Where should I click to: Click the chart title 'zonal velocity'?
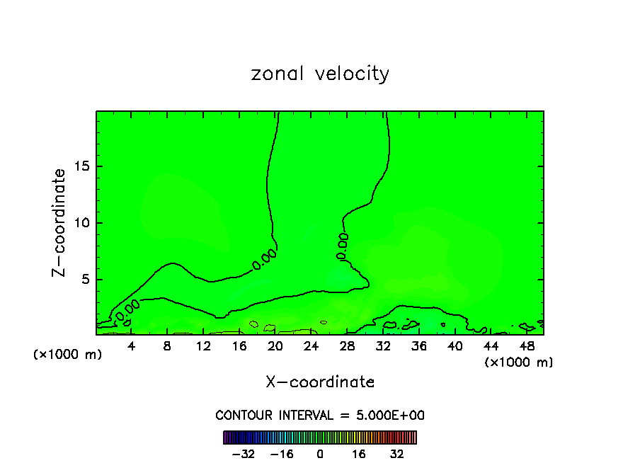pyautogui.click(x=320, y=74)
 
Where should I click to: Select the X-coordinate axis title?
pyautogui.click(x=320, y=382)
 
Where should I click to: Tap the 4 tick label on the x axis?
pyautogui.click(x=132, y=346)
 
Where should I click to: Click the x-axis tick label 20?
pyautogui.click(x=275, y=346)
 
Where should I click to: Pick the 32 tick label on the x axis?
pyautogui.click(x=383, y=346)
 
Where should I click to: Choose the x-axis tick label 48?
pyautogui.click(x=526, y=346)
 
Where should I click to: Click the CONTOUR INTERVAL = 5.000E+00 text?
pyautogui.click(x=320, y=415)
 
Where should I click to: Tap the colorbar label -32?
pyautogui.click(x=243, y=454)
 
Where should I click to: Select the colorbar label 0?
pyautogui.click(x=320, y=454)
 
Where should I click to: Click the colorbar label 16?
pyautogui.click(x=359, y=454)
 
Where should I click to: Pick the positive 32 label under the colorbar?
pyautogui.click(x=397, y=454)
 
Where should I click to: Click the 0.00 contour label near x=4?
pyautogui.click(x=127, y=309)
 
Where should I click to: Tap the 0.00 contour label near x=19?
pyautogui.click(x=264, y=259)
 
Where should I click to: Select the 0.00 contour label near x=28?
pyautogui.click(x=343, y=245)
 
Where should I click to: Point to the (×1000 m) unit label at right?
pyautogui.click(x=519, y=362)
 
